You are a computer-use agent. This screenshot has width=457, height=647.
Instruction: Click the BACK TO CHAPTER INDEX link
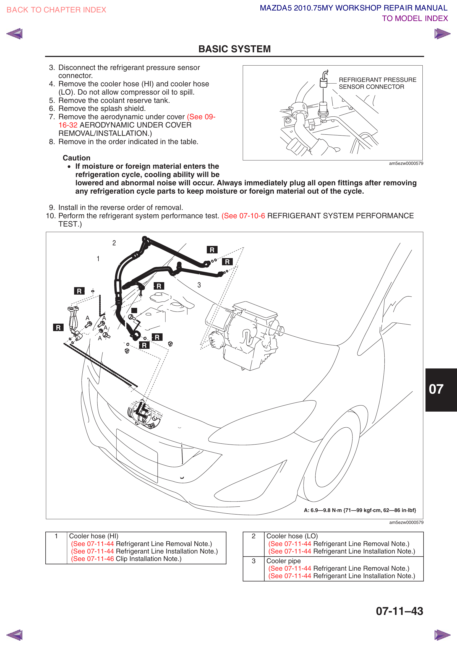click(56, 10)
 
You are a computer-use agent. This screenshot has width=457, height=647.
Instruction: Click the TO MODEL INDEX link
click(414, 19)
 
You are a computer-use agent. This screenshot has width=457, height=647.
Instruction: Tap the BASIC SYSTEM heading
click(234, 49)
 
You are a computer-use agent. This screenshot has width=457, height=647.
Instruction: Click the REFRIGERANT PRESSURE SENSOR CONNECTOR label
click(377, 84)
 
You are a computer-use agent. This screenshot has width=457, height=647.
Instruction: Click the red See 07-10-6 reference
click(243, 216)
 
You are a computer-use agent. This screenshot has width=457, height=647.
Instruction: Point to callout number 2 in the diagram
click(114, 243)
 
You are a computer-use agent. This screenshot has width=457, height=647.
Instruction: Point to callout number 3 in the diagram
click(199, 285)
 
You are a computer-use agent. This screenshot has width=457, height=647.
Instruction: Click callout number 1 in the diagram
click(98, 259)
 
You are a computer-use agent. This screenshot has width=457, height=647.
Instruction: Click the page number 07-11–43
click(399, 611)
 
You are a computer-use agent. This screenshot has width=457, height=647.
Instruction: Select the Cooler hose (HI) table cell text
click(93, 536)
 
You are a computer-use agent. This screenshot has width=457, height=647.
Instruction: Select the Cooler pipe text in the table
click(283, 561)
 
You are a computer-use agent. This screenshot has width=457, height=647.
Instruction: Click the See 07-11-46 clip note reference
click(93, 559)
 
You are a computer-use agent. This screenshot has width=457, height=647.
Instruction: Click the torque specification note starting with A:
click(360, 510)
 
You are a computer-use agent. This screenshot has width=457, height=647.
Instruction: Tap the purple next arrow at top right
click(442, 34)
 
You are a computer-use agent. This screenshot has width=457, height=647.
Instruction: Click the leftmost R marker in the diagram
click(58, 328)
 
